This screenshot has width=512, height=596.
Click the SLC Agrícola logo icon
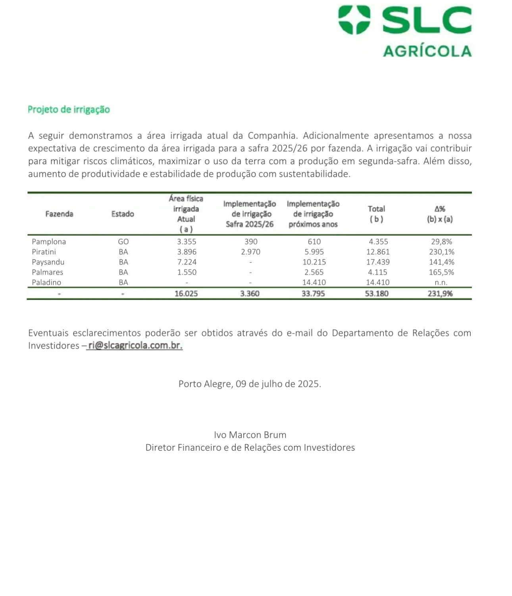[354, 20]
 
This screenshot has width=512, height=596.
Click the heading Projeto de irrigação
[69, 109]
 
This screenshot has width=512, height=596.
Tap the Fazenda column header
[59, 214]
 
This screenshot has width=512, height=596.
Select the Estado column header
[123, 214]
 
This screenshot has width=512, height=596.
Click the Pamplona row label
[49, 242]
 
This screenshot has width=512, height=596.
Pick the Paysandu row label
[48, 262]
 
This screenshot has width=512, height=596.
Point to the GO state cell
[123, 242]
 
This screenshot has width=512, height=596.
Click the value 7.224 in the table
[187, 262]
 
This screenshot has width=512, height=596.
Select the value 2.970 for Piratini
[251, 252]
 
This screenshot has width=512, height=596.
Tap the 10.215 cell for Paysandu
[314, 262]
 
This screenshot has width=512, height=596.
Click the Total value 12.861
[378, 252]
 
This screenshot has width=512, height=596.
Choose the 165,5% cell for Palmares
[441, 272]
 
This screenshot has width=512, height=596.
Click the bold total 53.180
[377, 294]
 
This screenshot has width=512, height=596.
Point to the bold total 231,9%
[440, 294]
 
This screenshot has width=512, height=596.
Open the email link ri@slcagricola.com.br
[135, 346]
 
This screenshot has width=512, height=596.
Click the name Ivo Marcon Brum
[250, 435]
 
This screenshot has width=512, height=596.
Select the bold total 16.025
[186, 294]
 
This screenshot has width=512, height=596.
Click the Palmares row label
[48, 272]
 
